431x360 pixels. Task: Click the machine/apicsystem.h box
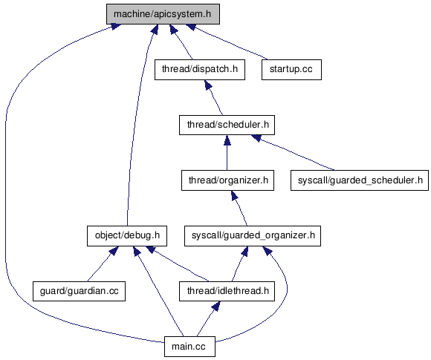163,14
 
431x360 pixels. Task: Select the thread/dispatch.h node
200,70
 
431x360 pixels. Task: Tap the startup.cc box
291,70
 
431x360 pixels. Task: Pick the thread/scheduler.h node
227,125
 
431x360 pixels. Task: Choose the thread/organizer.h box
227,180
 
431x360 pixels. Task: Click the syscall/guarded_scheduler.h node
360,180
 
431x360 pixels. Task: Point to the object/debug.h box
127,236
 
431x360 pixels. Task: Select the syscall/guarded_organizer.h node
253,236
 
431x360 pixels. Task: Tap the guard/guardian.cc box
80,291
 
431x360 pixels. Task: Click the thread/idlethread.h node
227,291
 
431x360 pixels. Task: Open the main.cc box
189,347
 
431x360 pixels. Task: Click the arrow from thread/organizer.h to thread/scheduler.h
227,153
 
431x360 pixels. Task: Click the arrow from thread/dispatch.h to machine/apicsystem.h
181,42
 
